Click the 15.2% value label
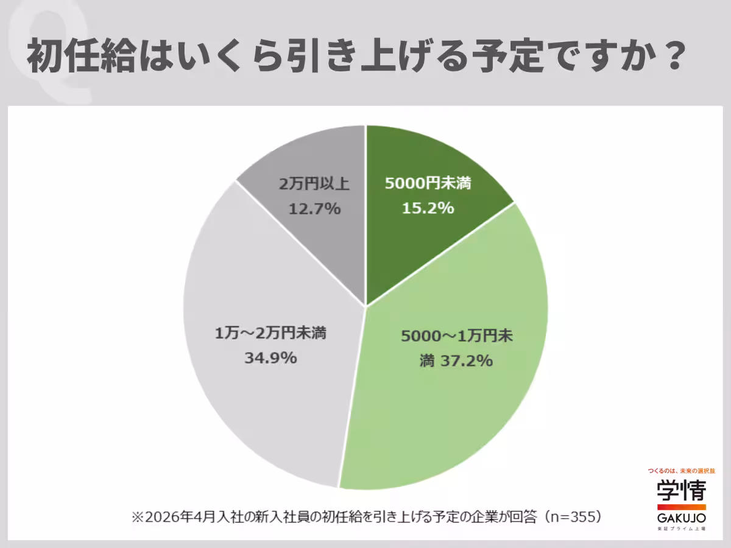(428, 208)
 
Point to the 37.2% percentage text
(464, 361)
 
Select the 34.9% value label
(270, 357)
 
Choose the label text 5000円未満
(428, 184)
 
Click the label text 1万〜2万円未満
(270, 333)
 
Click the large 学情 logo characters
(681, 490)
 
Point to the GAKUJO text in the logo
(681, 518)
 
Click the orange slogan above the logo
(681, 471)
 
